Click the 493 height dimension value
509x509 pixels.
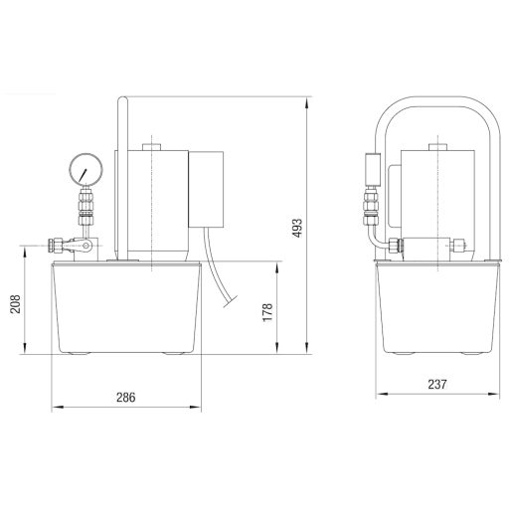coord(297,228)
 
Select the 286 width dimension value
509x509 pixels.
coord(126,397)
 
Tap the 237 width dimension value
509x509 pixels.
coord(437,385)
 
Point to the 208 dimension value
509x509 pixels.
coord(16,304)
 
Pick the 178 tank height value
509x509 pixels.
coord(267,312)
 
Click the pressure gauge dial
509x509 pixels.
coord(85,168)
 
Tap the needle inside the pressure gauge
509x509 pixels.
coord(83,175)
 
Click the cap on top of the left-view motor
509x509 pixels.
coord(151,147)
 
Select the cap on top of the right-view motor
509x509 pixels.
coord(437,147)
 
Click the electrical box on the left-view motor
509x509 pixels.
coord(206,189)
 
